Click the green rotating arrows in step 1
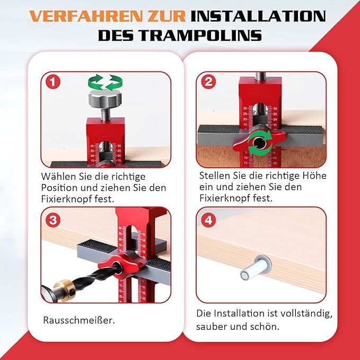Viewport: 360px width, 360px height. pyautogui.click(x=104, y=83)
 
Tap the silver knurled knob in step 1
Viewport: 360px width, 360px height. pyautogui.click(x=104, y=100)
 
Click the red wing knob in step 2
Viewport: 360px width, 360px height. pyautogui.click(x=245, y=143)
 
